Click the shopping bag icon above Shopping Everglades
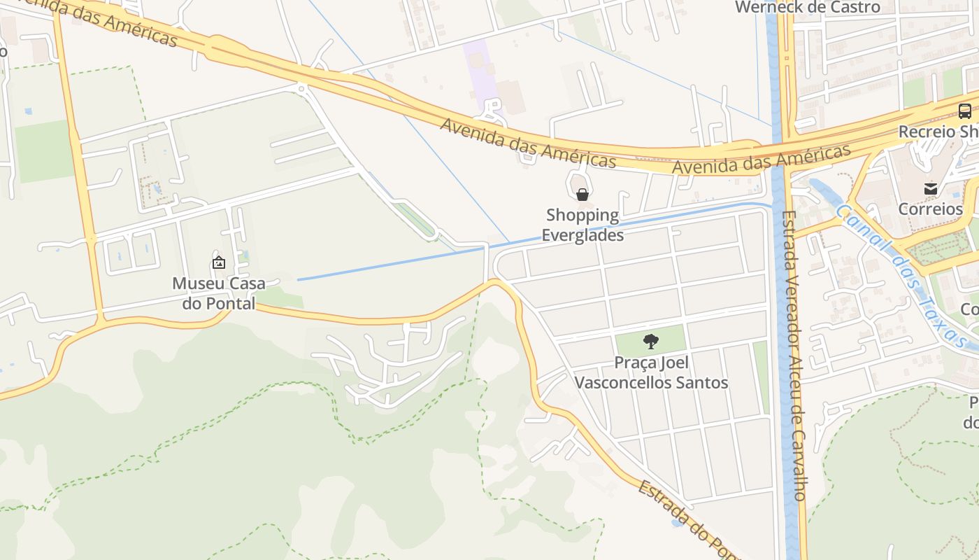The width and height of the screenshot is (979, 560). pos(582,194)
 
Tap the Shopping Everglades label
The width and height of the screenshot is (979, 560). pos(583,225)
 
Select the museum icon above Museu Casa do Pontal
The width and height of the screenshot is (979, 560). pos(219,263)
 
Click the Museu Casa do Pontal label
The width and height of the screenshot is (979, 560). pos(219,293)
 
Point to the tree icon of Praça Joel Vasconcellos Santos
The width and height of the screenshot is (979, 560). pos(650,342)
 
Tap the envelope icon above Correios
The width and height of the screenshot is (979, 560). pos(931,188)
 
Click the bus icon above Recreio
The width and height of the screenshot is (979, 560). pos(964,111)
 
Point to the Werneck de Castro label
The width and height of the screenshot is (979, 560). pos(808,8)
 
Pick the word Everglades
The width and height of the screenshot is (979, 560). pos(583,234)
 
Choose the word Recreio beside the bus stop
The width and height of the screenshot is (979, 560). pos(927,132)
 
